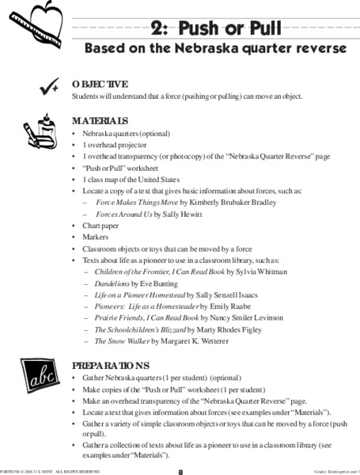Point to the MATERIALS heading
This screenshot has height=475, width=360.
click(x=99, y=121)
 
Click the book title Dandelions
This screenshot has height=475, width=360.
click(x=112, y=283)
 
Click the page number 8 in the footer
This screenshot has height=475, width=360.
click(x=180, y=471)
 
